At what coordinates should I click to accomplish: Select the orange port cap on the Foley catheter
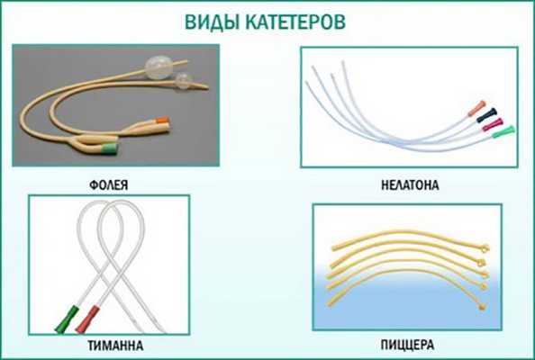tap(162, 120)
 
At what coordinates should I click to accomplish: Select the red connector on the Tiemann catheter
tap(87, 317)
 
